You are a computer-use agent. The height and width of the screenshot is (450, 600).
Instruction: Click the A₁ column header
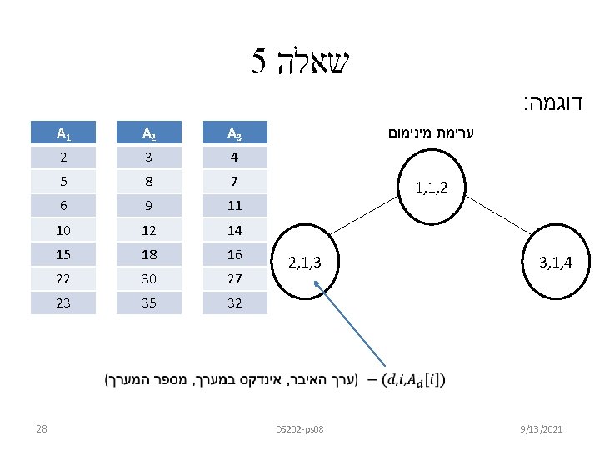(63, 132)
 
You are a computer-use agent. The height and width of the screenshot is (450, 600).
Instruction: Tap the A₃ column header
(235, 132)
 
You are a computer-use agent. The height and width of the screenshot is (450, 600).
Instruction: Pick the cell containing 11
(235, 206)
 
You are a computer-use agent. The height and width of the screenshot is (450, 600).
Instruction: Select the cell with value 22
(63, 279)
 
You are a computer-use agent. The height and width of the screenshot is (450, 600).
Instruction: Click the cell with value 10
(63, 230)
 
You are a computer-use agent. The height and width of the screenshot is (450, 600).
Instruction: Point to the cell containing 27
(235, 279)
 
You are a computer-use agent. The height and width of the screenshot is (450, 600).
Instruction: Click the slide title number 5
(258, 60)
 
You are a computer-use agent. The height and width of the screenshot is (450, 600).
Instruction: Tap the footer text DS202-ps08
(299, 428)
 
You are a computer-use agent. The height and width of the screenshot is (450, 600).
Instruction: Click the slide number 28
(42, 428)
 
